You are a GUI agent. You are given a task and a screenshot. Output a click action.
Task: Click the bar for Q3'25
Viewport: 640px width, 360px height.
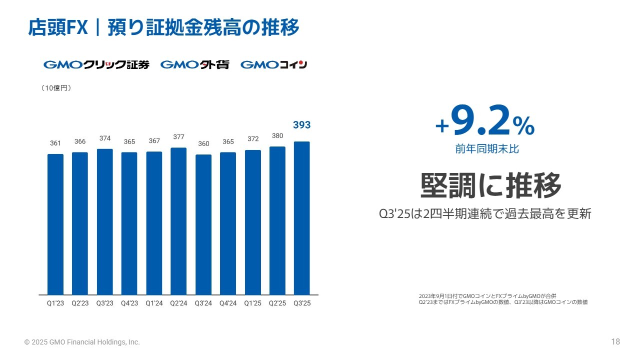point(301,218)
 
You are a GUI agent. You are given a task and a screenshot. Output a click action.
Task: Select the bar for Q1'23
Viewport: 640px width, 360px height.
point(55,224)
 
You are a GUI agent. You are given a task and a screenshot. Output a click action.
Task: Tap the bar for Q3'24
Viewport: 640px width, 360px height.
point(203,224)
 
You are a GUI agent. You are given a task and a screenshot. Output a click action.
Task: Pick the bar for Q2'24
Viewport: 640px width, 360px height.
point(178,221)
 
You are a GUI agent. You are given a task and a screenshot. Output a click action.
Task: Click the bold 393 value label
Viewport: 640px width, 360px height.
point(301,125)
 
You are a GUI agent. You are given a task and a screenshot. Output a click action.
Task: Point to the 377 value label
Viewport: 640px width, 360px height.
point(178,136)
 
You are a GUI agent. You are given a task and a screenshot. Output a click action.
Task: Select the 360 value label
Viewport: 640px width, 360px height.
point(203,143)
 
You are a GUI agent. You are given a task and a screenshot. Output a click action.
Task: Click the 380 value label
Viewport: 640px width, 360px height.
point(277,135)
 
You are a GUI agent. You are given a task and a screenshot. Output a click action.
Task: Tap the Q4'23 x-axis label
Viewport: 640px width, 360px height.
point(129,303)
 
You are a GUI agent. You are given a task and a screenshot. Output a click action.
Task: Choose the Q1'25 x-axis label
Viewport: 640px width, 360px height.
point(252,303)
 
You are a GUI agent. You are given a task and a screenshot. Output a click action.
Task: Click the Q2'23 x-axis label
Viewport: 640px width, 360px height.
point(80,303)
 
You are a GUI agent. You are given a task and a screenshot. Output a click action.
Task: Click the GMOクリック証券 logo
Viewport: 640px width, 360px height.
point(96,64)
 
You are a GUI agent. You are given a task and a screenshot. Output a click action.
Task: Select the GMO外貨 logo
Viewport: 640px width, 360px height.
point(195,64)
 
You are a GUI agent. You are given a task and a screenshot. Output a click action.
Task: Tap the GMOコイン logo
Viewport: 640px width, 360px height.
point(273,64)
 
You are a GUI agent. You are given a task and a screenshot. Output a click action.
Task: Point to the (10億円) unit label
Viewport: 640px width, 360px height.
point(56,88)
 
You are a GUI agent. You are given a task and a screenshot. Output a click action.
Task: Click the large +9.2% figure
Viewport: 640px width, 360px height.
point(485,122)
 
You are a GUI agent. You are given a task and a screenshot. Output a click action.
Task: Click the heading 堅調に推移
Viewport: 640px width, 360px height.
point(491,185)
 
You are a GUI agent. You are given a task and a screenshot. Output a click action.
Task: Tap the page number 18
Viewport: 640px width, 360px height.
point(615,342)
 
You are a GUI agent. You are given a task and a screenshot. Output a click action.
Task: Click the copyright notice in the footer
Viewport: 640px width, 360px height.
point(82,342)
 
